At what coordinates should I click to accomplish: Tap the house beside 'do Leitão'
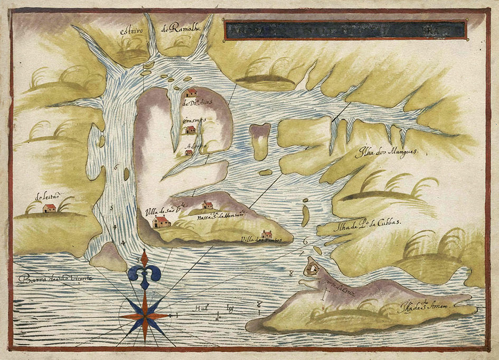pyautogui.click(x=49, y=208)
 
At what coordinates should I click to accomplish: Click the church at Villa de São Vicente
pyautogui.click(x=161, y=222)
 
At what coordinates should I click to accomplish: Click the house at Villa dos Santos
pyautogui.click(x=267, y=234)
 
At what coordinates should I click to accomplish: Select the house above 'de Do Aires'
pyautogui.click(x=191, y=93)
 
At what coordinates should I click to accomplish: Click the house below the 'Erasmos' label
pyautogui.click(x=191, y=129)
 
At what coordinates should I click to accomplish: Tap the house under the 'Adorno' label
pyautogui.click(x=189, y=153)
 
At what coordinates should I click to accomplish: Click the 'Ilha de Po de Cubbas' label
pyautogui.click(x=367, y=223)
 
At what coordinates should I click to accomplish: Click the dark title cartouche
pyautogui.click(x=345, y=30)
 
